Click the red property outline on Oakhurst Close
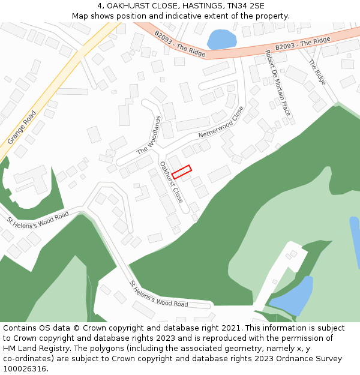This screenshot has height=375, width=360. point(181,172)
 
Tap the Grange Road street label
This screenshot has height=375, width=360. point(22,127)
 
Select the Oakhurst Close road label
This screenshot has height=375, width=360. point(171,181)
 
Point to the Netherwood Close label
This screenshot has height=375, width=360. point(221,122)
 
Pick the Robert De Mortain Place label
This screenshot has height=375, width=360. point(278,83)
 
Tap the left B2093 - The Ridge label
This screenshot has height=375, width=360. point(179,44)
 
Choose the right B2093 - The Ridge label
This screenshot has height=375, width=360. point(303,44)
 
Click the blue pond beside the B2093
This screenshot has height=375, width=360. point(221,40)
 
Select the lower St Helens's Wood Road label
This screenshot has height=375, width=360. point(159,294)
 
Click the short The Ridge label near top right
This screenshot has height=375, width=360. point(317,73)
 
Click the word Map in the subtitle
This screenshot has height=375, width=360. point(80,16)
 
